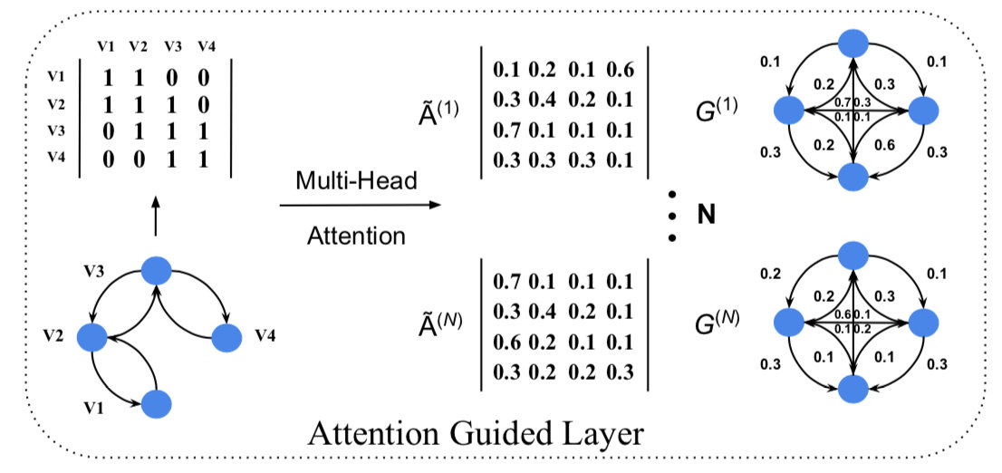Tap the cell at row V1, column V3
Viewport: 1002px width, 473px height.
click(172, 78)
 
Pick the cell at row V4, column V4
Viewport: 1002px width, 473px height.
click(203, 159)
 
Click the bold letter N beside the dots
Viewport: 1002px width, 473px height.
click(706, 216)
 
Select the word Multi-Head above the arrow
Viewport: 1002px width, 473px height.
click(357, 181)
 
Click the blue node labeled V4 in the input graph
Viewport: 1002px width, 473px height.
click(226, 337)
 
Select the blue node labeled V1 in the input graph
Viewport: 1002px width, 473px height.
click(158, 403)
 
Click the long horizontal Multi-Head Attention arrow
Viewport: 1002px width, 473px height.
click(361, 205)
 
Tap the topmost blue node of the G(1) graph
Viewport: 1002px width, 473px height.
click(853, 43)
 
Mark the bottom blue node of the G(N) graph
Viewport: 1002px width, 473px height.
click(853, 388)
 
